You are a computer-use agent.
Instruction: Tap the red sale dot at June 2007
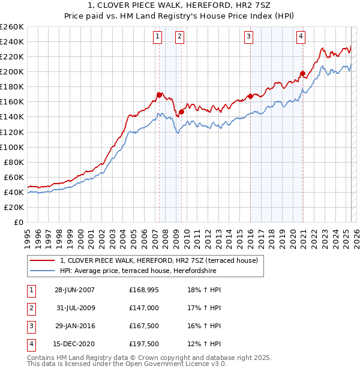click(x=159, y=95)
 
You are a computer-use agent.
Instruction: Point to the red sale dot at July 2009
click(x=181, y=112)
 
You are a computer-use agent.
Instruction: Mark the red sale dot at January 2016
click(x=250, y=96)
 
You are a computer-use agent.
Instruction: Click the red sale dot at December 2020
click(x=302, y=74)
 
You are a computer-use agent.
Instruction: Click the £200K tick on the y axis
click(x=12, y=71)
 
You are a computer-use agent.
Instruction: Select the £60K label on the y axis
click(x=14, y=177)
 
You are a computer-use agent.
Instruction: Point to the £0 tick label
click(x=17, y=222)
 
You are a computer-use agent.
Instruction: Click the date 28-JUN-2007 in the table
click(x=74, y=290)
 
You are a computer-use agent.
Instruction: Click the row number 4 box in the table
click(x=31, y=344)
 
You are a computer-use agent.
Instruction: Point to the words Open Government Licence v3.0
click(x=181, y=364)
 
